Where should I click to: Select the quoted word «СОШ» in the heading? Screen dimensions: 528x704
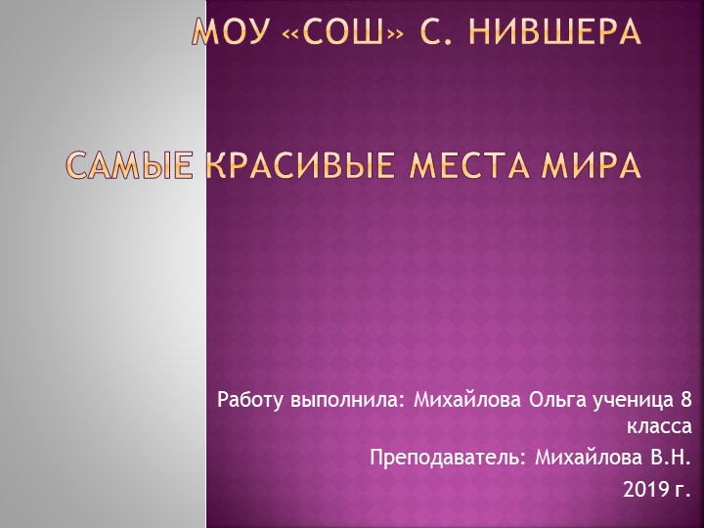click(336, 32)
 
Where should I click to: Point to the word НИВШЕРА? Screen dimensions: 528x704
click(555, 32)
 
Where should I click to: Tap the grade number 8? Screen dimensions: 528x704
click(684, 399)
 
